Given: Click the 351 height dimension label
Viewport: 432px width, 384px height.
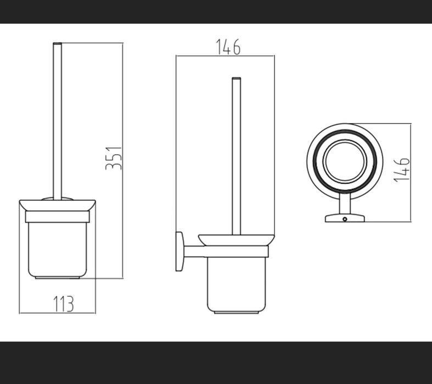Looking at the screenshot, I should click(113, 157).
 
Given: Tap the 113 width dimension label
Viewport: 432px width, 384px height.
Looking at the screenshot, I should click(64, 303).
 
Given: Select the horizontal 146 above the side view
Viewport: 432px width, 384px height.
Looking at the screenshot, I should click(228, 48).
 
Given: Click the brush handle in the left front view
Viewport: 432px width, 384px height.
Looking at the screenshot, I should click(56, 121).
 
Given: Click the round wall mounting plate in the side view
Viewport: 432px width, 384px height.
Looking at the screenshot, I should click(180, 251).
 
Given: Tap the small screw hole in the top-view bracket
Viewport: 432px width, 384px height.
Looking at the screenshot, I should click(345, 219).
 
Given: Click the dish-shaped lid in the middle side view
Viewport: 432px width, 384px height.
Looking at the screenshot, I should click(237, 240).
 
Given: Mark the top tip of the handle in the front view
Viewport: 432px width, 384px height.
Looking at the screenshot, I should click(56, 42).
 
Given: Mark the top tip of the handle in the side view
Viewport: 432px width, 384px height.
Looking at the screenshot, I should click(237, 78).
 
